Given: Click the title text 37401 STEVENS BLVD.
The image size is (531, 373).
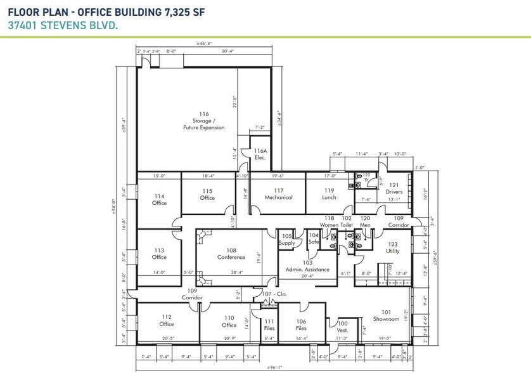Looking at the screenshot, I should click(54, 26).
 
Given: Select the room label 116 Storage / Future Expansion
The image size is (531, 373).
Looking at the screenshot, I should click(203, 121).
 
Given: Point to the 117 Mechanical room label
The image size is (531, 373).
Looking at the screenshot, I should click(278, 193).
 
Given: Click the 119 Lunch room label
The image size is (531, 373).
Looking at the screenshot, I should click(329, 193).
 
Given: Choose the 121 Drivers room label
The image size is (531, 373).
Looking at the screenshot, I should click(393, 188).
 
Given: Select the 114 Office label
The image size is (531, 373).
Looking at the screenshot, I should click(159, 199).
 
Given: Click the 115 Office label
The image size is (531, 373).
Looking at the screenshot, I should click(207, 194).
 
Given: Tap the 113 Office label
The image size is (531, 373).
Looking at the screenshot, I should click(159, 254).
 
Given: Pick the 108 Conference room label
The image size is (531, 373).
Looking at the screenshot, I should click(231, 254).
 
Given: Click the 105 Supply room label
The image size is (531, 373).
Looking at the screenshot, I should click(287, 239).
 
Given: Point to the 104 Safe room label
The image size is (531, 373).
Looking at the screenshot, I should click(314, 239).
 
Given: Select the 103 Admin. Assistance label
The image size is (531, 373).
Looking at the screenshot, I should click(308, 266).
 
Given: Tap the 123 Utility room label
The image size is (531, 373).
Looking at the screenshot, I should click(393, 247).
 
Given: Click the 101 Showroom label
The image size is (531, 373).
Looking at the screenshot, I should click(386, 315).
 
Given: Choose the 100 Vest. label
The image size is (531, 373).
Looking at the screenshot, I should click(343, 327).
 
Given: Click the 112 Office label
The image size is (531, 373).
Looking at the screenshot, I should click(167, 320).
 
